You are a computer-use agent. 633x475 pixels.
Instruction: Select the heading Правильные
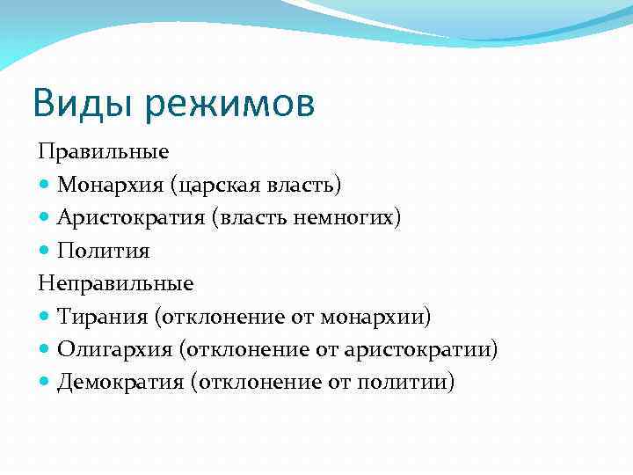103,151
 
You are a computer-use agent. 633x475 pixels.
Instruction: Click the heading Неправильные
115,283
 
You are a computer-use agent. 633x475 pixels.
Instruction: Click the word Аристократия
130,217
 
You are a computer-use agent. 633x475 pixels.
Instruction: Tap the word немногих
353,217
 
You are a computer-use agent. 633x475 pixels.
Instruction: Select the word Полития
104,251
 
